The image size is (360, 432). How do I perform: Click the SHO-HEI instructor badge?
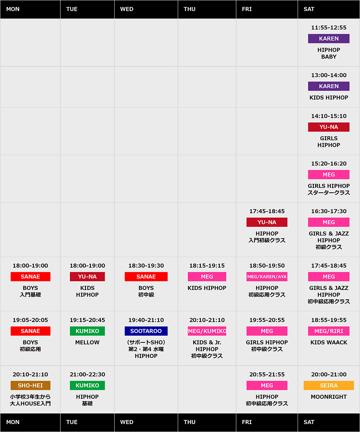[30, 386]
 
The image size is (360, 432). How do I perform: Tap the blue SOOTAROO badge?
[146, 331]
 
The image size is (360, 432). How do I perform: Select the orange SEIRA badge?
[329, 386]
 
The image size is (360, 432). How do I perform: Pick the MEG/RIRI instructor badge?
[329, 331]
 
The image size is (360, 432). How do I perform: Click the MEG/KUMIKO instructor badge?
[207, 331]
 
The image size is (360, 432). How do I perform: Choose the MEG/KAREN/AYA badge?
[267, 277]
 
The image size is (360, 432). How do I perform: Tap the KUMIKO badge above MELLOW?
[87, 331]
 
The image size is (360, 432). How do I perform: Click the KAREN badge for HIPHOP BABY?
[329, 39]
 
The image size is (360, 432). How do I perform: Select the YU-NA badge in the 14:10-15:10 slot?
[329, 127]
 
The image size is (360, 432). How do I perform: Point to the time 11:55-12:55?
[329, 28]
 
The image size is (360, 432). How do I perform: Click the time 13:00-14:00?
[329, 75]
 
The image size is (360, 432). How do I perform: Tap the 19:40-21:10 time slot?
[146, 320]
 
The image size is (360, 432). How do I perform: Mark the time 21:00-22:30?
[87, 375]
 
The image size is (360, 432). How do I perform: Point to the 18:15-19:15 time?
[207, 266]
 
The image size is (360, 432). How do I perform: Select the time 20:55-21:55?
[267, 375]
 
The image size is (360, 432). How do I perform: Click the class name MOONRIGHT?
[329, 397]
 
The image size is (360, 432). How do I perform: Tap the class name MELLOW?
[87, 342]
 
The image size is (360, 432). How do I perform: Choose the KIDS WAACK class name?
[329, 342]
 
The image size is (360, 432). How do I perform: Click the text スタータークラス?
[329, 193]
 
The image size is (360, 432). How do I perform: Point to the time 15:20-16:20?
[329, 164]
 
